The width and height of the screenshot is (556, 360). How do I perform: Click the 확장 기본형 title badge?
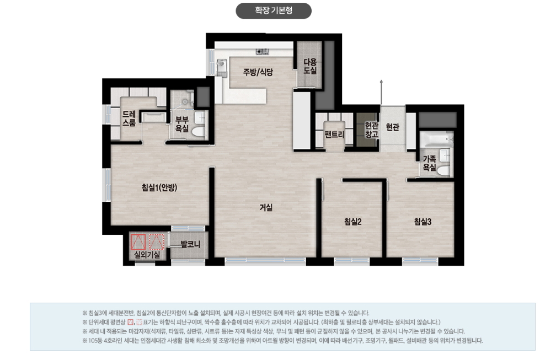coord(274,10)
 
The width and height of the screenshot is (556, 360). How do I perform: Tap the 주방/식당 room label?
coord(258,72)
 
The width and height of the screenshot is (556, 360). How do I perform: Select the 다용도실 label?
coord(310,66)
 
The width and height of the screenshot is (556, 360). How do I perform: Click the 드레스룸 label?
coord(129,119)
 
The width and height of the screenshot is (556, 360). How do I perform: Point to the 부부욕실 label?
coord(182,125)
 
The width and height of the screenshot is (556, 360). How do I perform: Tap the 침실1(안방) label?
coord(159,187)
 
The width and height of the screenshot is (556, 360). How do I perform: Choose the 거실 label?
coord(266,207)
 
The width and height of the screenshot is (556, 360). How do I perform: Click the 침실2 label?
coord(353,222)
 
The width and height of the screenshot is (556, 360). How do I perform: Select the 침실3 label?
coord(423,222)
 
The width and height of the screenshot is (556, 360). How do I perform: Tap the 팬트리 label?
coord(334,135)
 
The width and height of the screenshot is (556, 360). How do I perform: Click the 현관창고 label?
coord(372,130)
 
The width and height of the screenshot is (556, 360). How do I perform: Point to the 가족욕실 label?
coord(429,163)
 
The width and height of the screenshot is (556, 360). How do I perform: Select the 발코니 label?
coord(190,244)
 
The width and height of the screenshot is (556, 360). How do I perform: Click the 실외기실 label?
coord(147,254)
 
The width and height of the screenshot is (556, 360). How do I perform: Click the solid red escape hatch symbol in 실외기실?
coord(138,242)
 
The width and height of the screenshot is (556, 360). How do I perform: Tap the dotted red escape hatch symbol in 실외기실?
coord(157,242)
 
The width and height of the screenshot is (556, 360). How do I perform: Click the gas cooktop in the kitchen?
coord(263,52)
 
